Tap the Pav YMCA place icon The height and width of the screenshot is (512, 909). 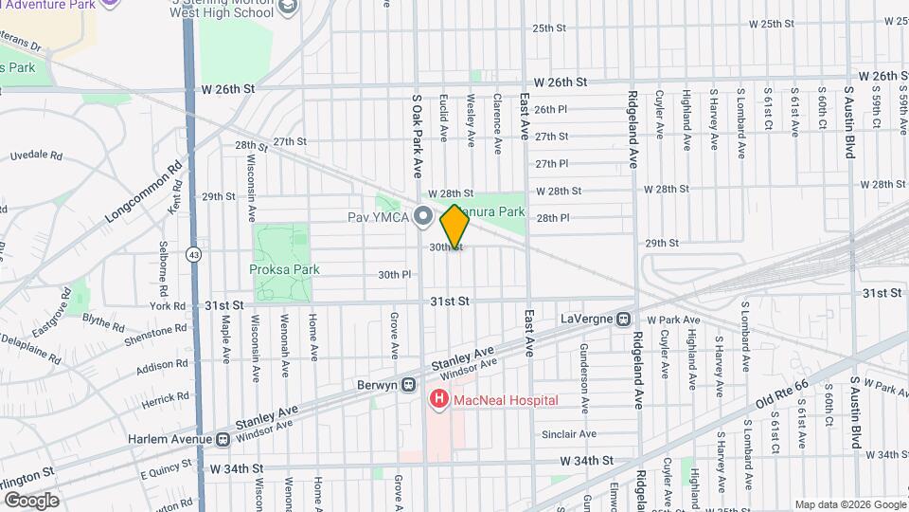423,218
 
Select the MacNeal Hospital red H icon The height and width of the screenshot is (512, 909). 439,401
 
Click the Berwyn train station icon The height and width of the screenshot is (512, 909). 408,385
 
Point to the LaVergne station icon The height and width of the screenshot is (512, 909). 623,319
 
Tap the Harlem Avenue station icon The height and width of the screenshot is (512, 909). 222,439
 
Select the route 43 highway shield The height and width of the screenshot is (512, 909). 193,254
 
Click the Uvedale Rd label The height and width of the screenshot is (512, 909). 36,155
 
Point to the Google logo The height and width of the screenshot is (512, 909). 30,501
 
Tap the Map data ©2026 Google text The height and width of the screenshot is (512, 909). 849,504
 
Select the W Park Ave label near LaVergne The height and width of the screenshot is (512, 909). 673,320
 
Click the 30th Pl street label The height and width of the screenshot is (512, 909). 394,275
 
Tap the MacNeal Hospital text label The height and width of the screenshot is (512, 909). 505,401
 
